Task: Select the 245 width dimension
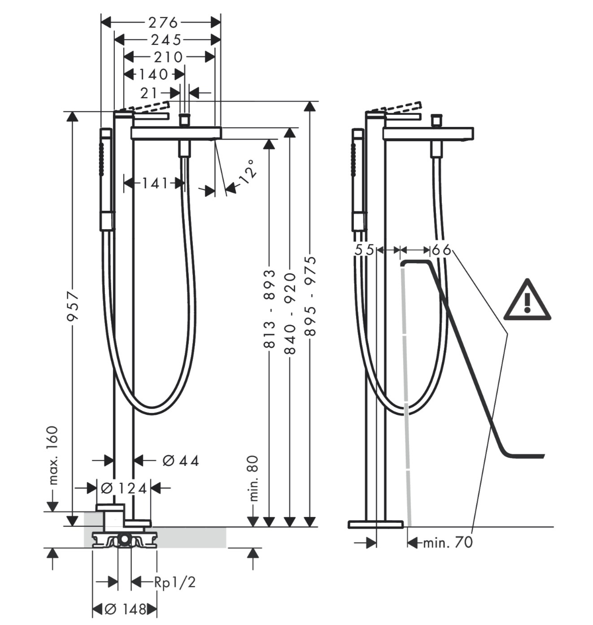166,40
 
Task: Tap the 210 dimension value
168,57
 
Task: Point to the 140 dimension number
153,75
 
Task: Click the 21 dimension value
149,93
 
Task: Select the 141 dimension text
155,183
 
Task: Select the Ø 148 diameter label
125,609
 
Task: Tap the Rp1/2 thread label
174,582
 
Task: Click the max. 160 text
53,455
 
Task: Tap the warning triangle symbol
527,300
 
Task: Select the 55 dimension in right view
365,250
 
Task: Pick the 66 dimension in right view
441,250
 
